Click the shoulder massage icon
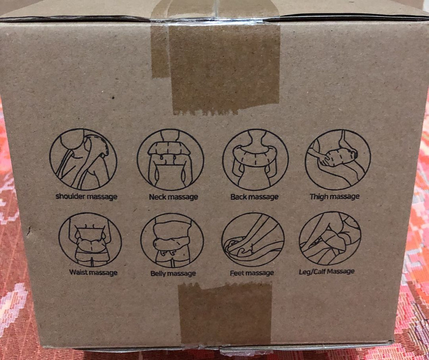click(x=83, y=159)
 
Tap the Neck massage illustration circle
click(x=170, y=160)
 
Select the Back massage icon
click(x=256, y=160)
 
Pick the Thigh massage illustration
click(x=338, y=160)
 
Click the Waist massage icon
click(x=90, y=240)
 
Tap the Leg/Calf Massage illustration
click(x=330, y=239)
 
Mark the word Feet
click(x=236, y=273)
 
